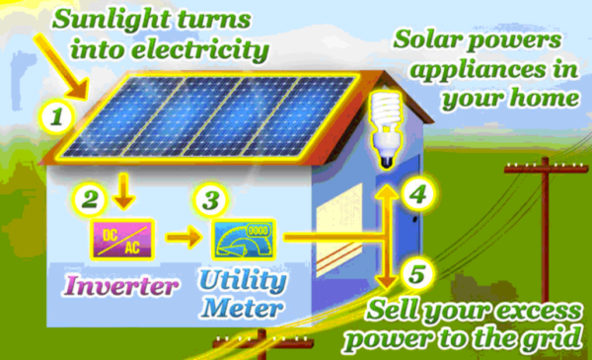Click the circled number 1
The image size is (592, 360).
[x=56, y=119]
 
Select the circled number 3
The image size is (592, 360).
[x=208, y=200]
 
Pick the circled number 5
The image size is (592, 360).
[x=419, y=273]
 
